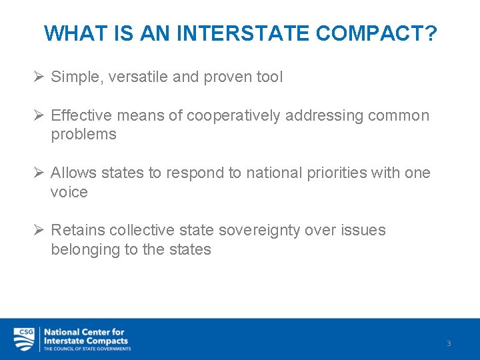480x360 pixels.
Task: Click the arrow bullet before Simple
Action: (39, 77)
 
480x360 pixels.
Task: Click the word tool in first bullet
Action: (269, 77)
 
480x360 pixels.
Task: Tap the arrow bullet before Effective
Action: (39, 116)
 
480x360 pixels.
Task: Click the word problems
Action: (83, 135)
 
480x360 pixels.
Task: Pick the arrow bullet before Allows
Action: (39, 173)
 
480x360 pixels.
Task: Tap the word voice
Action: (69, 193)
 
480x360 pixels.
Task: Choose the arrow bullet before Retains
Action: (39, 231)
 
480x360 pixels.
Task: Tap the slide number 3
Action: (449, 343)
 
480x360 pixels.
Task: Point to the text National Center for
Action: (84, 332)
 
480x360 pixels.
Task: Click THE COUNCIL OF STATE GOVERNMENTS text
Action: (87, 349)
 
